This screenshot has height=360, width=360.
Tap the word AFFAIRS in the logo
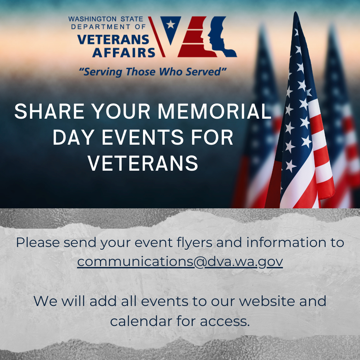click(x=124, y=52)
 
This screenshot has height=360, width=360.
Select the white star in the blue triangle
click(x=170, y=24)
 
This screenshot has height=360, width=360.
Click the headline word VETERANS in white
click(x=143, y=163)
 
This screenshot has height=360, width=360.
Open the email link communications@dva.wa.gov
click(x=180, y=262)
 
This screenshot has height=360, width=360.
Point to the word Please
click(x=37, y=242)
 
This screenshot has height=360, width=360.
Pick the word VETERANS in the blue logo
click(x=113, y=40)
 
